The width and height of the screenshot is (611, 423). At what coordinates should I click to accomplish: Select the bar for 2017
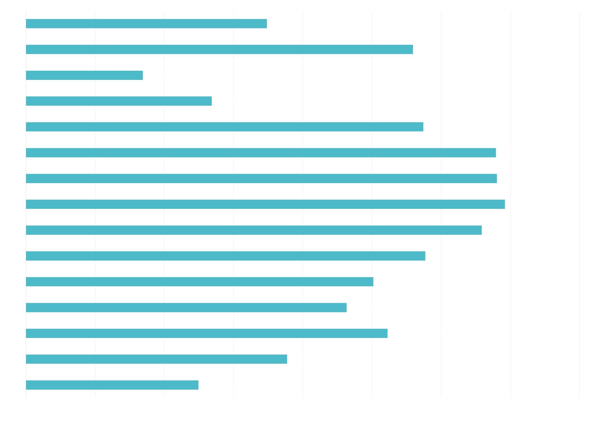pos(265,204)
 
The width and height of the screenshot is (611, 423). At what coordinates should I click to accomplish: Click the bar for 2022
pos(84,75)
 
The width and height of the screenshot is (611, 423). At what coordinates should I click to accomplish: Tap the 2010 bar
pos(112,385)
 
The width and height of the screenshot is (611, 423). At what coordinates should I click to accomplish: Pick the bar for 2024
pos(146,24)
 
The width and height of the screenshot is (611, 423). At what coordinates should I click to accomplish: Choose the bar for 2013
pos(186,307)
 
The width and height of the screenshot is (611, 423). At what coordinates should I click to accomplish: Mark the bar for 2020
pos(224,127)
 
